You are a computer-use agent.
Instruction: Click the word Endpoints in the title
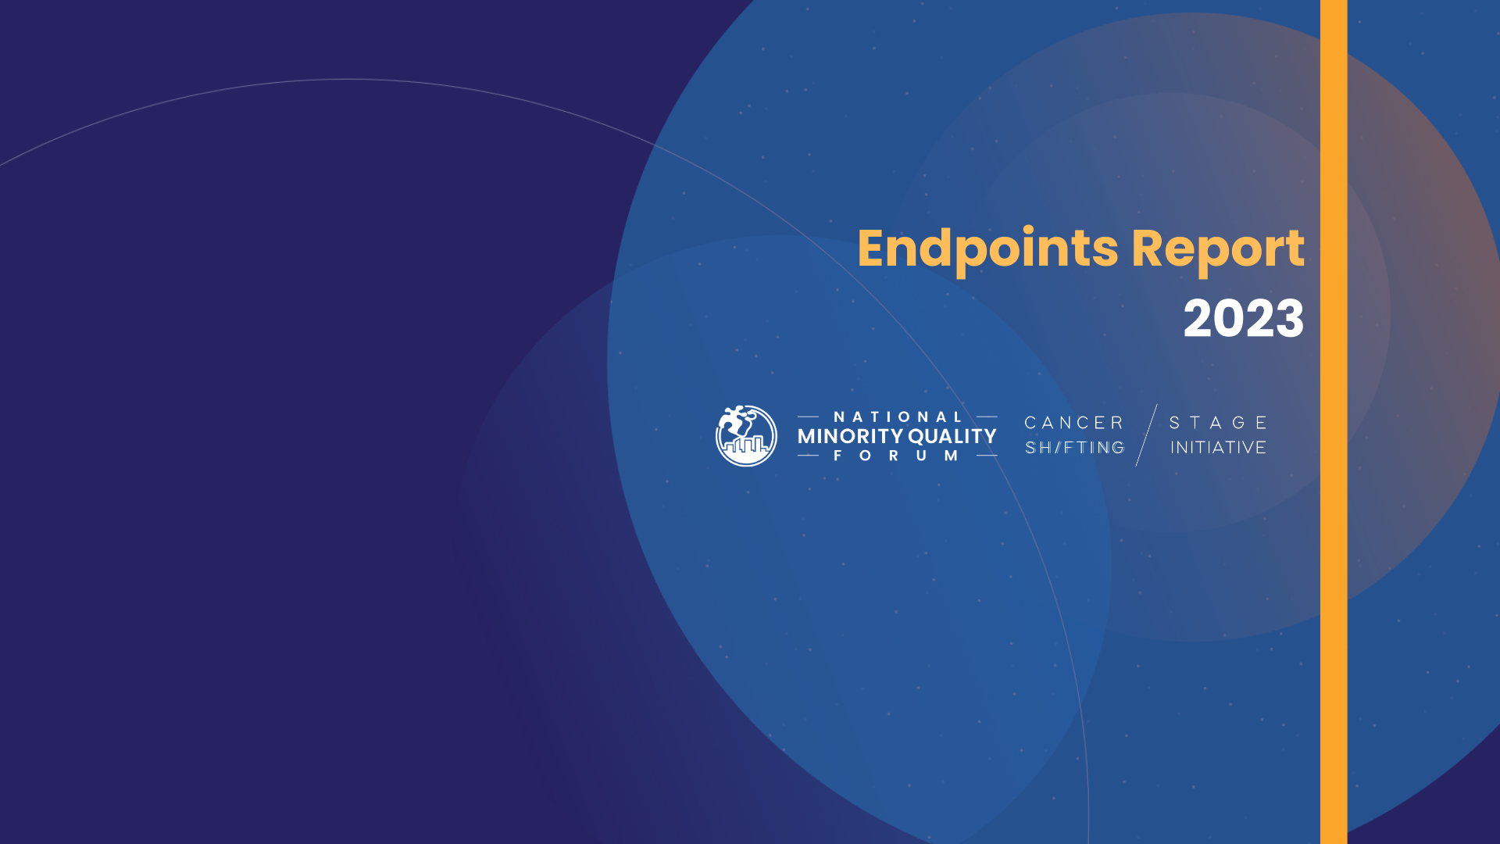coord(989,250)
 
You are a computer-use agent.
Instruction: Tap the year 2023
coord(1244,319)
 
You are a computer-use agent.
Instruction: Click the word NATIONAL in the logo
coord(898,417)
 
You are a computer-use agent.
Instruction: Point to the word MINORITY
coord(850,436)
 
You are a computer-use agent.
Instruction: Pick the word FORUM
coord(896,456)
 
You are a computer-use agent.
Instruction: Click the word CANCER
coord(1074,423)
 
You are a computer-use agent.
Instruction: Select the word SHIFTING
coord(1075,448)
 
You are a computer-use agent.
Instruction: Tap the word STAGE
coord(1218,423)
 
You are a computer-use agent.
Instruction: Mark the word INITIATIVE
coord(1218,448)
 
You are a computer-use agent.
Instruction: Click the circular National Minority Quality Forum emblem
coord(746,436)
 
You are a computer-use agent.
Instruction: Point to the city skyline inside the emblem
coord(745,446)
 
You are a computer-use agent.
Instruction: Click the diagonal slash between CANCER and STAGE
coord(1146,435)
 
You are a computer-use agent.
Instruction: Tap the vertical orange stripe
coord(1334,422)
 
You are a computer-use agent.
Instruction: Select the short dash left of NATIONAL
coord(808,417)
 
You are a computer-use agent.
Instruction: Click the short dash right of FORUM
coord(987,456)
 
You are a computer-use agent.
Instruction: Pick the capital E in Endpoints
coord(873,249)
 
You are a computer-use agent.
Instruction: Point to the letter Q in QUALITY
coord(917,437)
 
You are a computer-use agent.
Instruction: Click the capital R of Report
coord(1148,249)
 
